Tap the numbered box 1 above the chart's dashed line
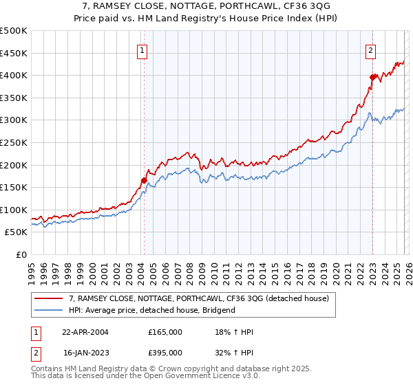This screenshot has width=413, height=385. (142, 49)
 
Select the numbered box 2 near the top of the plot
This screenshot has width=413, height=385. (370, 49)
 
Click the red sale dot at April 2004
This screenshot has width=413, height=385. (144, 181)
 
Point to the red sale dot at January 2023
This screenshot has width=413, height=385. (372, 77)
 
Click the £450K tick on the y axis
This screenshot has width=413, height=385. (14, 53)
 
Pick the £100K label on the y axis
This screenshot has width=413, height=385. (14, 210)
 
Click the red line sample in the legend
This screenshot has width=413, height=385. (48, 298)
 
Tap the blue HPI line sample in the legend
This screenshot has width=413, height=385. (48, 310)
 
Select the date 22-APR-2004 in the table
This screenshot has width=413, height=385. (85, 332)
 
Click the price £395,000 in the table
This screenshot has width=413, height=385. (165, 352)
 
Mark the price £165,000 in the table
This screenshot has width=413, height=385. (165, 332)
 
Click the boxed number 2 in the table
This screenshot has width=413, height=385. (34, 352)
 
